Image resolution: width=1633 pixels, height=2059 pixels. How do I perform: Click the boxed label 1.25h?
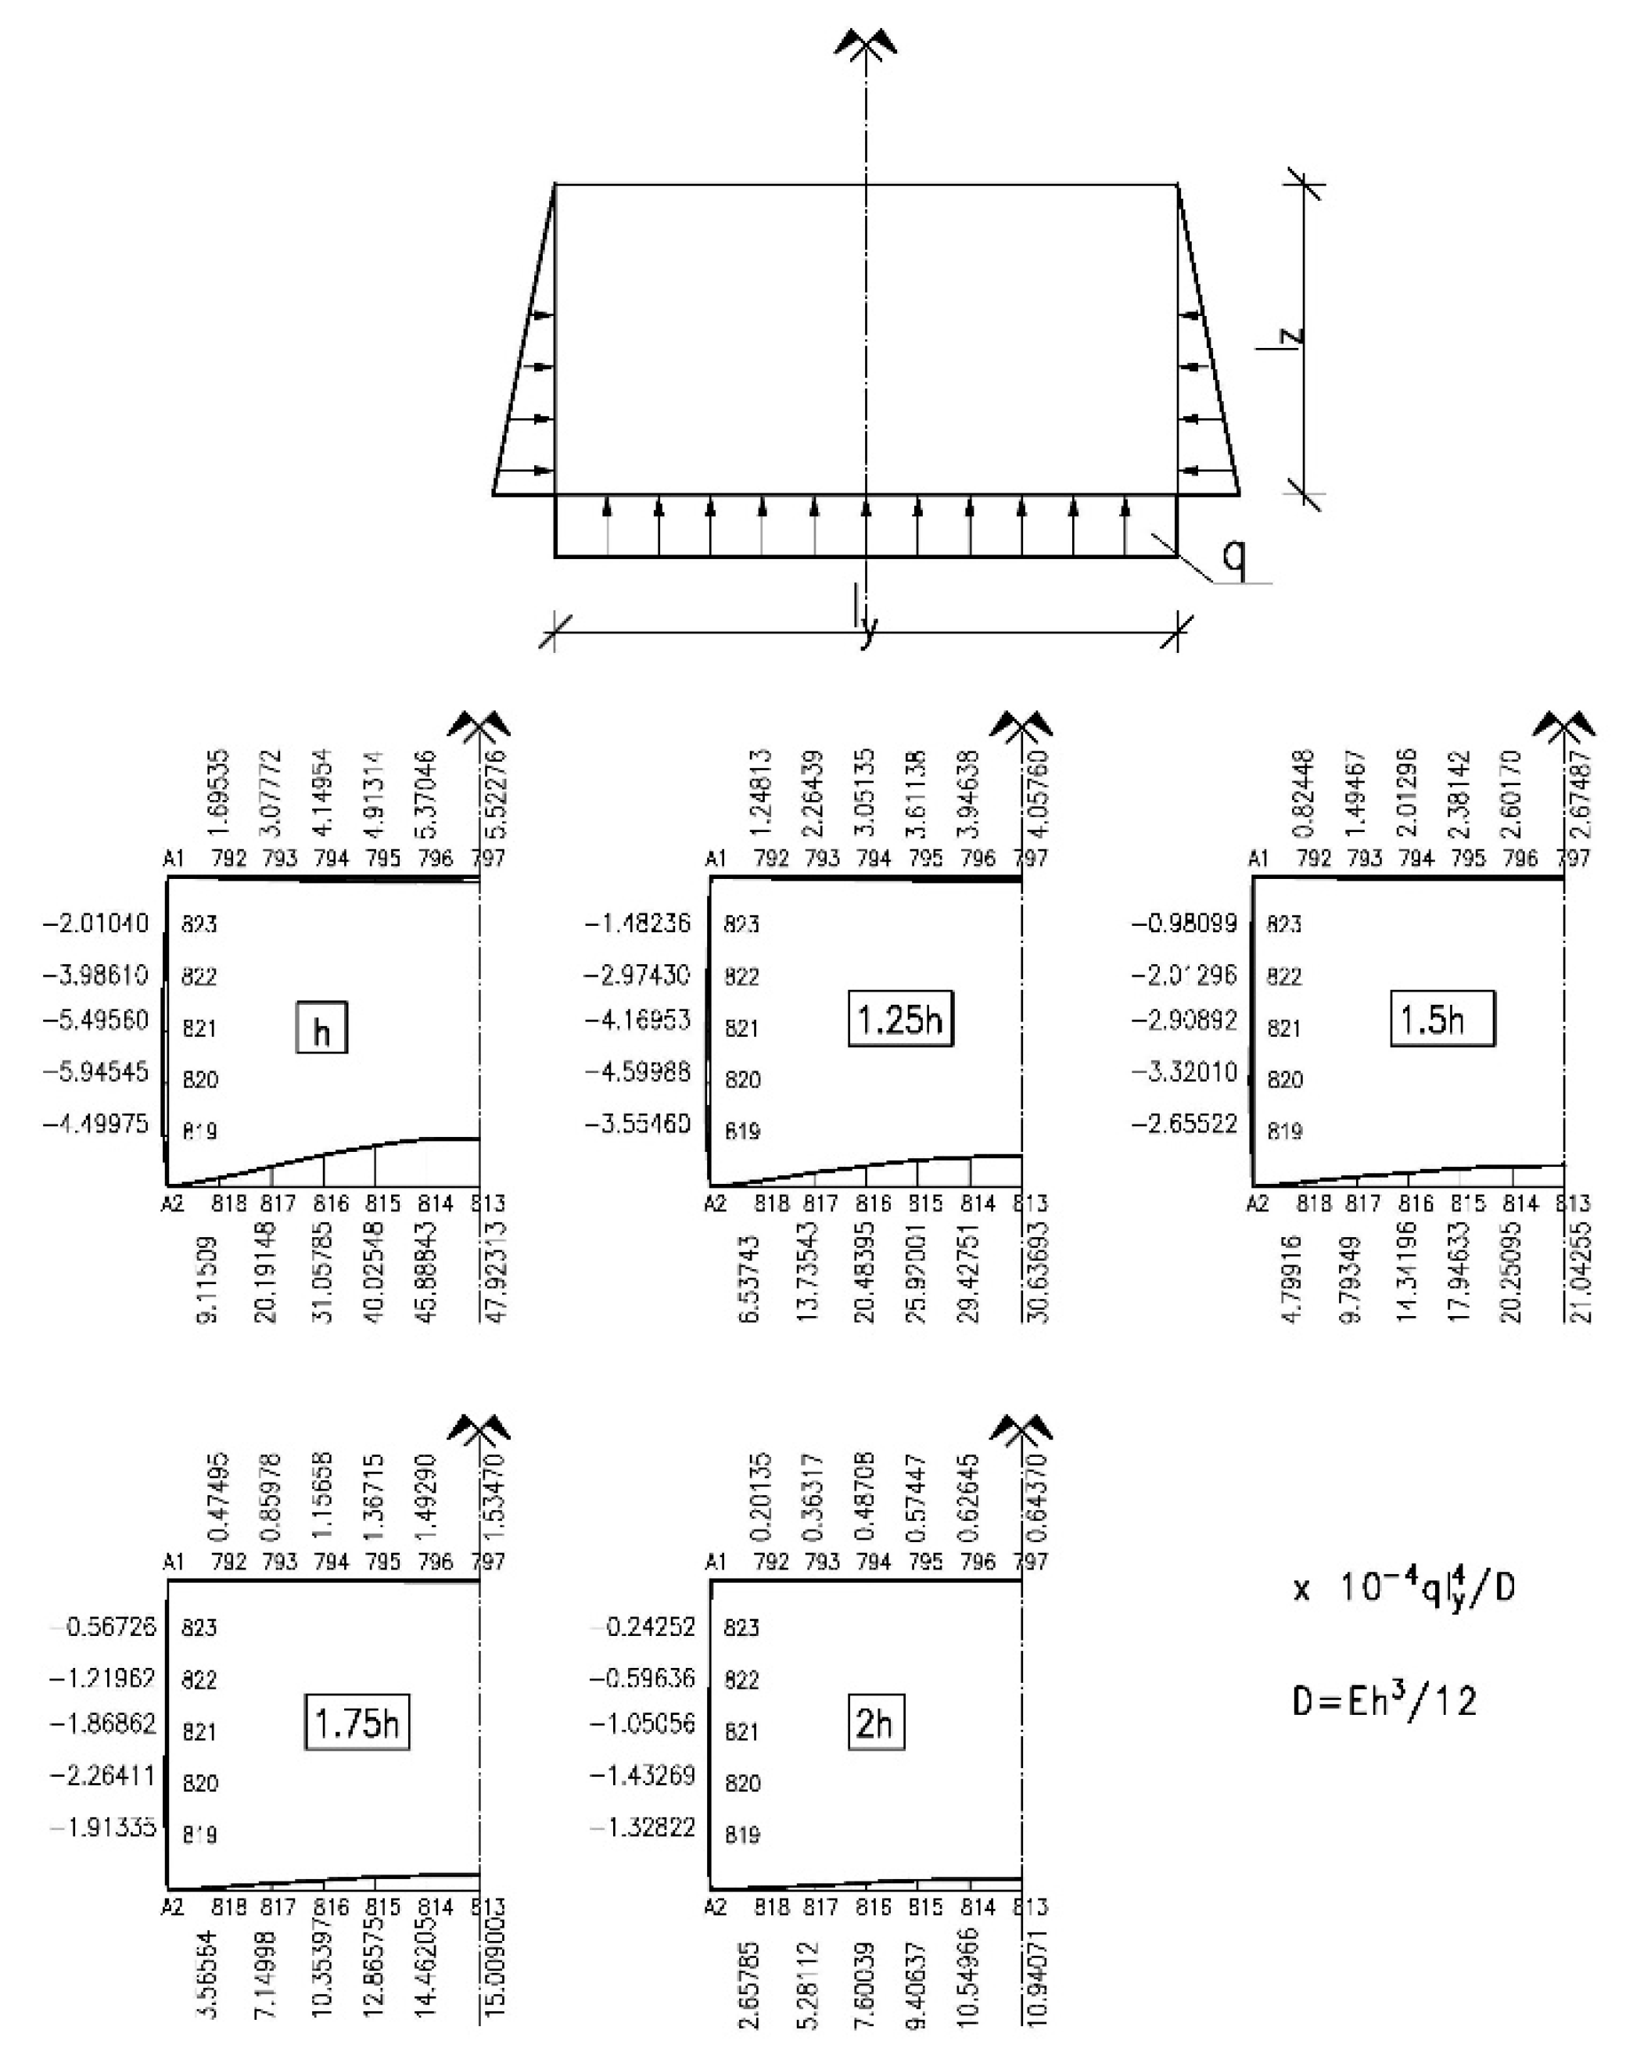click(899, 1019)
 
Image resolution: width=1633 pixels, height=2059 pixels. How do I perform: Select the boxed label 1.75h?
click(356, 1722)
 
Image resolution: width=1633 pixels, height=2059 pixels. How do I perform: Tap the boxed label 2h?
click(874, 1722)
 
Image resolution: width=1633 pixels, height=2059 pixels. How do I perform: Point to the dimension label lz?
click(1291, 336)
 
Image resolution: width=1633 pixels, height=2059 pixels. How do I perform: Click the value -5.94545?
click(95, 1071)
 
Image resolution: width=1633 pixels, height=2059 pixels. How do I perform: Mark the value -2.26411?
click(102, 1774)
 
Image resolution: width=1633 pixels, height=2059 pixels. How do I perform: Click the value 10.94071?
click(1038, 1976)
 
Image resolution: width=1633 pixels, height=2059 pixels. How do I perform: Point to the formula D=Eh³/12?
click(1384, 1701)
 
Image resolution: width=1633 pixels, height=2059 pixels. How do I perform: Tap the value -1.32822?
click(642, 1826)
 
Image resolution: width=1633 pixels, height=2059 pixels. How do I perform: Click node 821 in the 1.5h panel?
click(1283, 1028)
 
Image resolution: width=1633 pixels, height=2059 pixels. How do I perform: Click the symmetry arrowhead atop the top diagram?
click(865, 43)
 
